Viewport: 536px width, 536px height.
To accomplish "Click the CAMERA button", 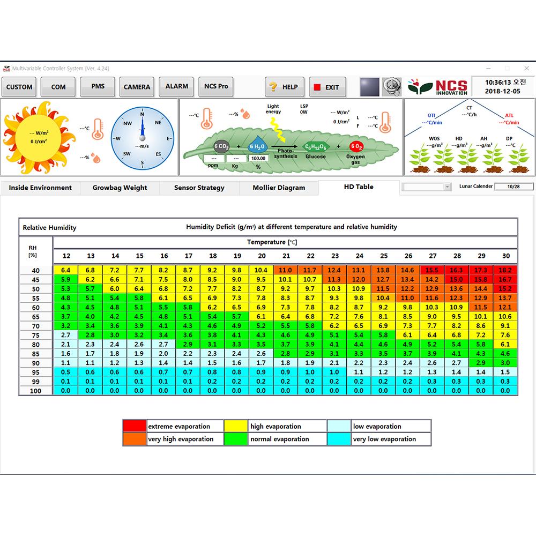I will [x=137, y=87].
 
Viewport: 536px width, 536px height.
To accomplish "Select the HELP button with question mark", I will [x=285, y=87].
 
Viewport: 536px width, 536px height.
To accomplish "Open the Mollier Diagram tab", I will [x=279, y=188].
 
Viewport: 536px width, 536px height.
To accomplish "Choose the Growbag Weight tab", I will [x=120, y=188].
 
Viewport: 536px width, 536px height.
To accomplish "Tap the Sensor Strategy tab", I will [x=199, y=188].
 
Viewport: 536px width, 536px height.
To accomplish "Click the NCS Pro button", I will [x=216, y=86].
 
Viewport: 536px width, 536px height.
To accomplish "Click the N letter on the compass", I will [x=142, y=114].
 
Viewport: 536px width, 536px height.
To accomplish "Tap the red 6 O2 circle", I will [x=356, y=146].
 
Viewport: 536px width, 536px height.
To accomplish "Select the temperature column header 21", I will [x=286, y=256].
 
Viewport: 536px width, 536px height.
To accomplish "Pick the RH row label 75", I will [x=35, y=335].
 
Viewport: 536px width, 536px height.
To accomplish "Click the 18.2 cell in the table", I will [x=505, y=270].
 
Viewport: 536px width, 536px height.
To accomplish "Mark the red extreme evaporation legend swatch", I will [x=134, y=427].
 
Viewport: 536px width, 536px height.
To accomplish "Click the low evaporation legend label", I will [x=377, y=427].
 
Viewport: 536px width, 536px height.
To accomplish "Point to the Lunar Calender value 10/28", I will [x=513, y=187].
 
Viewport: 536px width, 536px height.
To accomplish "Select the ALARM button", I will [x=177, y=86].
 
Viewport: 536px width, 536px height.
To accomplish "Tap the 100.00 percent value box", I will [x=258, y=159].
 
